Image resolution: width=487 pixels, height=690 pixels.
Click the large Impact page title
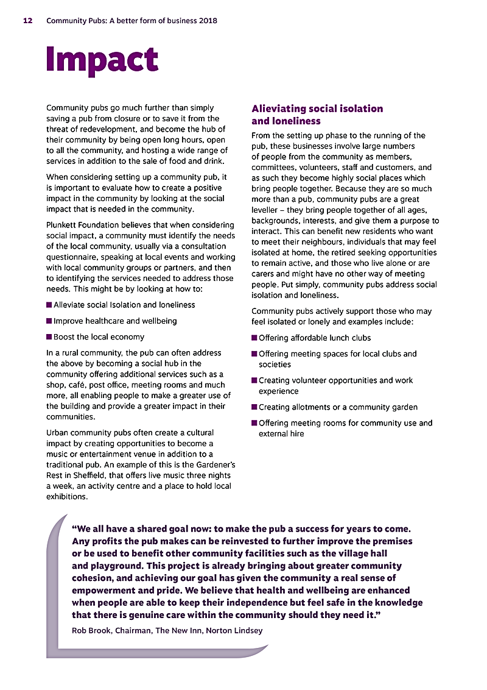(102, 59)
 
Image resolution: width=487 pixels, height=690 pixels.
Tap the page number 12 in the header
(28, 21)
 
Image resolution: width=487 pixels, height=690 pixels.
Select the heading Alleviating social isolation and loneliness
(317, 115)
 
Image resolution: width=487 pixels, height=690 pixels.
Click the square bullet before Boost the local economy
(49, 336)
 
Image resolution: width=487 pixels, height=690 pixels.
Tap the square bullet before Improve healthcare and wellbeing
(49, 321)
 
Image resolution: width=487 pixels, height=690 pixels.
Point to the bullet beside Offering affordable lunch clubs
(254, 338)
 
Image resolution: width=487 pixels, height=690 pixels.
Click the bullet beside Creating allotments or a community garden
(254, 407)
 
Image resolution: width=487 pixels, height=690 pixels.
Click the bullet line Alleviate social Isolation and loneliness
(124, 305)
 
